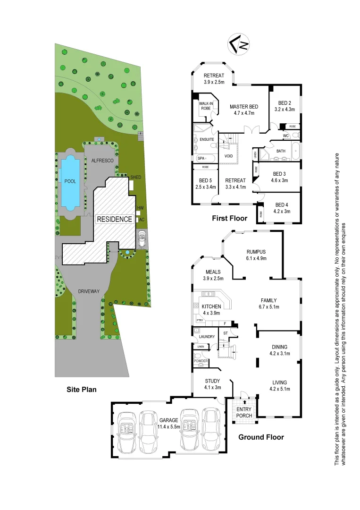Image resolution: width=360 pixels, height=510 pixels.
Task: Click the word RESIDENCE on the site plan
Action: pos(114,219)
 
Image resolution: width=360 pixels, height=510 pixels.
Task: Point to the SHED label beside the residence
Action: pos(136,177)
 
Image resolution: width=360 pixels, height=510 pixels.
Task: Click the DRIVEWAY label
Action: pos(89,291)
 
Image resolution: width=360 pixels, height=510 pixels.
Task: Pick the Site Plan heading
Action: pos(81,390)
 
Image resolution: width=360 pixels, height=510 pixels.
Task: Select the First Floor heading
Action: pos(229,219)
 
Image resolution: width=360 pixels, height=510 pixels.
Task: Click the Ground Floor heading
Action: pos(261,437)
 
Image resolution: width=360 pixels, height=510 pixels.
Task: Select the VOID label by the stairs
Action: pos(228,156)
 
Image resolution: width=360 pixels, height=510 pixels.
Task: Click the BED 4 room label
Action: pos(281,204)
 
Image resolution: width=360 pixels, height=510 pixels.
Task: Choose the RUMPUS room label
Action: pos(256,252)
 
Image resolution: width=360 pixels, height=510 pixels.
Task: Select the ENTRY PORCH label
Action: pos(244,412)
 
